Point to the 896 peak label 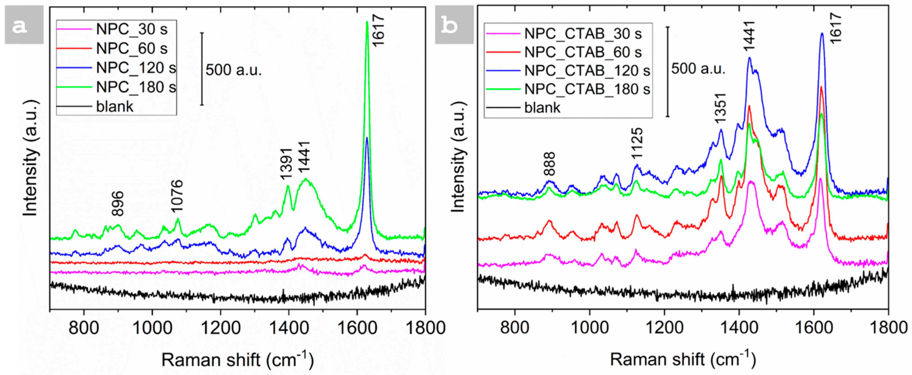point(118,204)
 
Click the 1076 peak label point(177,196)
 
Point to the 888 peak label point(550,164)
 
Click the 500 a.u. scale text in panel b point(698,68)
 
